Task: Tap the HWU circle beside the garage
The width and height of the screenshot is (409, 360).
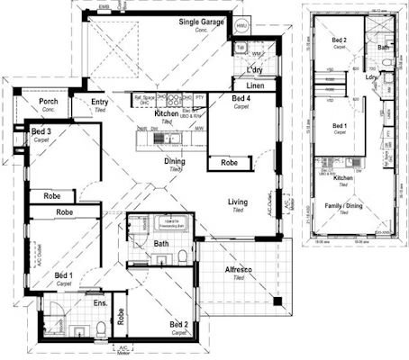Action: click(x=241, y=26)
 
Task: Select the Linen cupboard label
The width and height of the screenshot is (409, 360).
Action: click(x=255, y=85)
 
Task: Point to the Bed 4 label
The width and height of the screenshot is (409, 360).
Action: click(x=241, y=100)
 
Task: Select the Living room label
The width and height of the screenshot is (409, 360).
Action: click(x=238, y=203)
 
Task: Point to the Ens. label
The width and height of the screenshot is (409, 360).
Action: click(x=101, y=305)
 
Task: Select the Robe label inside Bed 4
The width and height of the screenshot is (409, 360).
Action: click(x=230, y=164)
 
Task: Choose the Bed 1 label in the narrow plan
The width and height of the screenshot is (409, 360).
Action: click(x=340, y=127)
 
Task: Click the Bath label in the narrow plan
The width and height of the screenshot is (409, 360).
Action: click(x=382, y=47)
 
